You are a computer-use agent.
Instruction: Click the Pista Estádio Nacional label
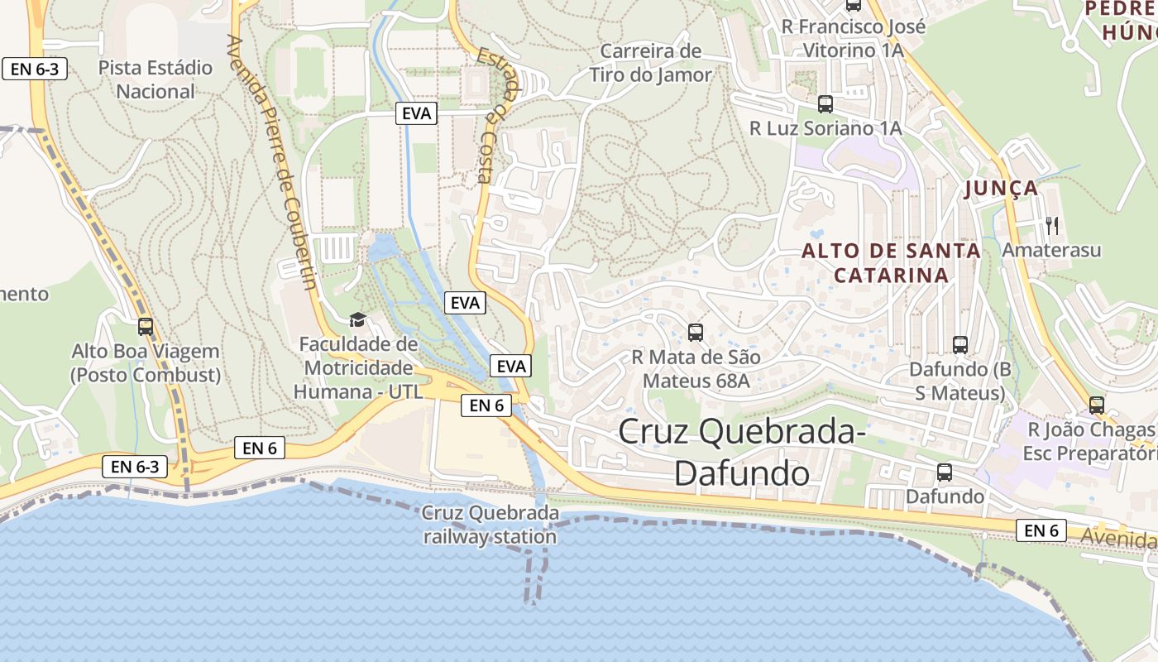[156, 79]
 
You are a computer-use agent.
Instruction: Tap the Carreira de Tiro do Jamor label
[650, 63]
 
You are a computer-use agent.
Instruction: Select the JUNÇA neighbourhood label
[1002, 189]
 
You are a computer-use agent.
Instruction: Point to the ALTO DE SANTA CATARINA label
[891, 262]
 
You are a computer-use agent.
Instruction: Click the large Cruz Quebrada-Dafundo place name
[742, 452]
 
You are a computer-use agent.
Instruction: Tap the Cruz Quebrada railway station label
[490, 525]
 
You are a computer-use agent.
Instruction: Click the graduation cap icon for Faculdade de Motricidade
[357, 319]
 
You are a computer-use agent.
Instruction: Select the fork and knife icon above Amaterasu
[1052, 224]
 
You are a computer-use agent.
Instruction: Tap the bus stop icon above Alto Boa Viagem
[146, 327]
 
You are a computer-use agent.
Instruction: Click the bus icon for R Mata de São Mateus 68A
[696, 333]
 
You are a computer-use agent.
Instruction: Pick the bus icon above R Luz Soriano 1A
[825, 104]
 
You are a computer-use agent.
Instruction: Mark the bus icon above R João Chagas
[1097, 405]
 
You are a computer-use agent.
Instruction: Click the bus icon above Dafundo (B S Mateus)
[960, 345]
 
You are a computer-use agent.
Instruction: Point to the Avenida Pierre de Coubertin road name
[274, 161]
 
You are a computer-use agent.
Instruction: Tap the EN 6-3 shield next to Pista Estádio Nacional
[35, 69]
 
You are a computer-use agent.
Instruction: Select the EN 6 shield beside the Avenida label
[1041, 530]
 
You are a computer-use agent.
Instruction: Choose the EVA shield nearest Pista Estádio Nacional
[416, 113]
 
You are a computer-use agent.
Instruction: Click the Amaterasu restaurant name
[1051, 249]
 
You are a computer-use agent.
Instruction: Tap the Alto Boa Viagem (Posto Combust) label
[146, 363]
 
